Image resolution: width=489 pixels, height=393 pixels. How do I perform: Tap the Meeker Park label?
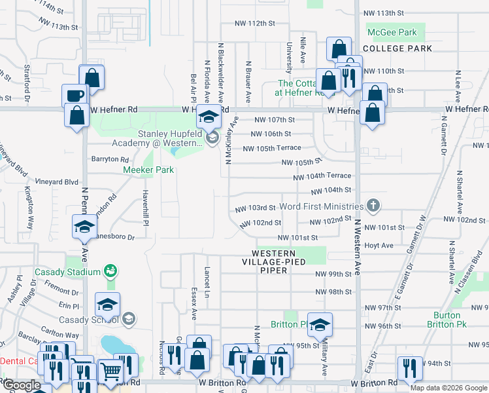(x=148, y=170)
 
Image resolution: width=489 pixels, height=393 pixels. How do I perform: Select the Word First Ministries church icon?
(x=373, y=206)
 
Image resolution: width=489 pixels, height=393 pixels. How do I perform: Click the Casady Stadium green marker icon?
(x=110, y=271)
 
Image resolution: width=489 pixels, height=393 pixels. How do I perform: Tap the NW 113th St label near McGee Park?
(x=384, y=13)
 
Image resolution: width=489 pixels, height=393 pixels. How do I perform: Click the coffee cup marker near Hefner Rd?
(x=75, y=94)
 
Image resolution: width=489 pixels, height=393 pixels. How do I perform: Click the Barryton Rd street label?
(x=109, y=159)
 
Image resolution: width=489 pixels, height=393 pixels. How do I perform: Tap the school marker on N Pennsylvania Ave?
(x=84, y=228)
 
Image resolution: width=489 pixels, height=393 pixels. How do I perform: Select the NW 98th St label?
(x=333, y=292)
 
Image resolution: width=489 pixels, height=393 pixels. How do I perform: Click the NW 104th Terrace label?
(x=322, y=176)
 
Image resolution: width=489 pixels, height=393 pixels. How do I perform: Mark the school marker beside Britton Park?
(x=320, y=324)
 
